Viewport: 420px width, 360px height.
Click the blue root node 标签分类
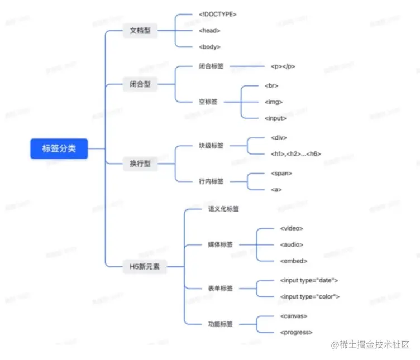click(59, 148)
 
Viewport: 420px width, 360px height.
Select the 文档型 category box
click(140, 31)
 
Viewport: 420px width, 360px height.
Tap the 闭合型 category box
click(140, 85)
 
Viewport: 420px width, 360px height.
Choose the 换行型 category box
click(140, 164)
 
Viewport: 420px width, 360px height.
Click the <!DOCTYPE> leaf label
click(217, 15)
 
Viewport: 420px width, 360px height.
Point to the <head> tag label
click(209, 31)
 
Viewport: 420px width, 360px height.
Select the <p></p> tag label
click(283, 66)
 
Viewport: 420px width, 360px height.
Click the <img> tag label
click(274, 102)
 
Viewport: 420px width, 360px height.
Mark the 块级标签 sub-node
click(211, 146)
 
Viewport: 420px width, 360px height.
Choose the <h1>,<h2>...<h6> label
click(295, 154)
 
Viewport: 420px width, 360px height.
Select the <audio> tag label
click(292, 244)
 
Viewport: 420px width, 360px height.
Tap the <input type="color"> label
click(309, 296)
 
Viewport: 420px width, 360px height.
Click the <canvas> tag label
click(294, 316)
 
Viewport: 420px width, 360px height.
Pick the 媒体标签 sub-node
click(220, 244)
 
